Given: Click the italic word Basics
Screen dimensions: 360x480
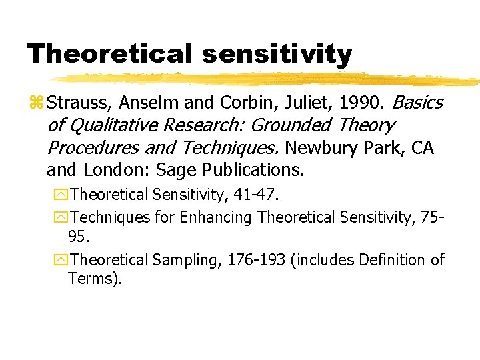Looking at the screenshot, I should click(417, 103).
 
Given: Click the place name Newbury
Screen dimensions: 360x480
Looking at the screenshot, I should click(313, 148).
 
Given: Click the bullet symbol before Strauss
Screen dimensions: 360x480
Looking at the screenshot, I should click(36, 103).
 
